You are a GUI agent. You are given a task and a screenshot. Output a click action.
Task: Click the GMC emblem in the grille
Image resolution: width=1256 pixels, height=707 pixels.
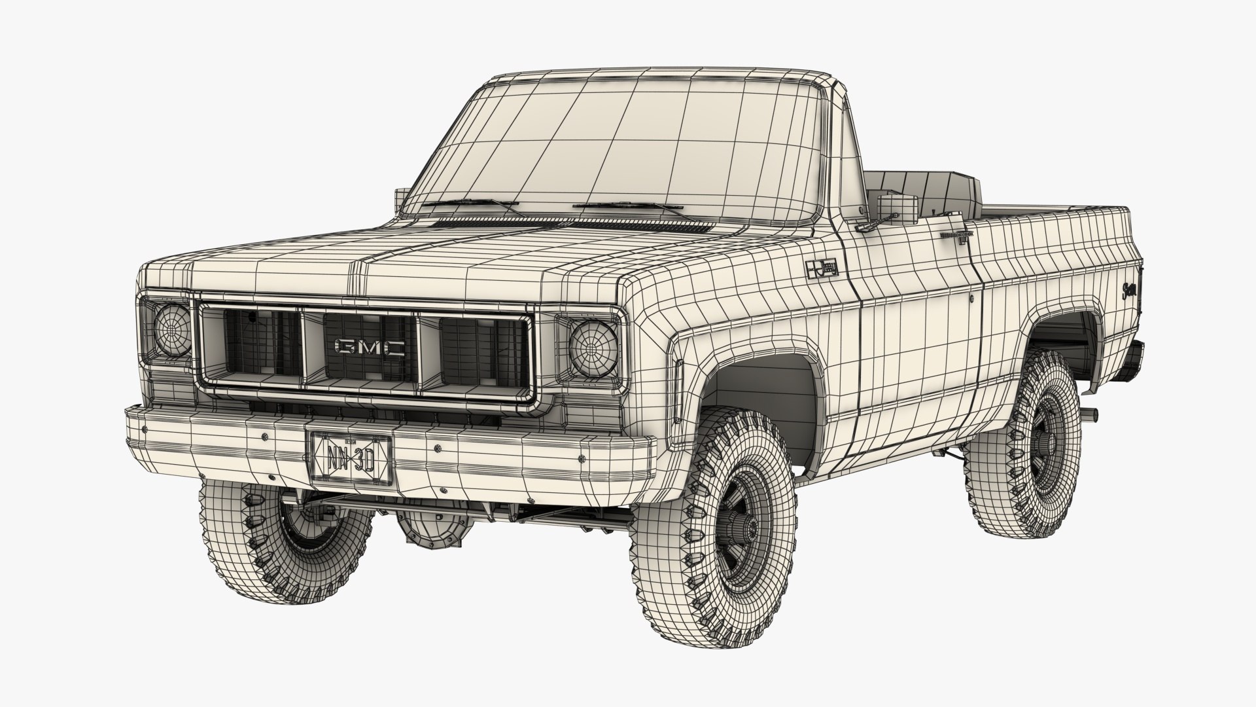tap(370, 347)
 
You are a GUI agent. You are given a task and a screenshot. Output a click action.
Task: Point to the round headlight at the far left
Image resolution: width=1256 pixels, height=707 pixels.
tap(172, 329)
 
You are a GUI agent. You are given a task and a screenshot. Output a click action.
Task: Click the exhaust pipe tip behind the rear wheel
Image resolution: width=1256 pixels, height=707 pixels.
tap(1089, 414)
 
